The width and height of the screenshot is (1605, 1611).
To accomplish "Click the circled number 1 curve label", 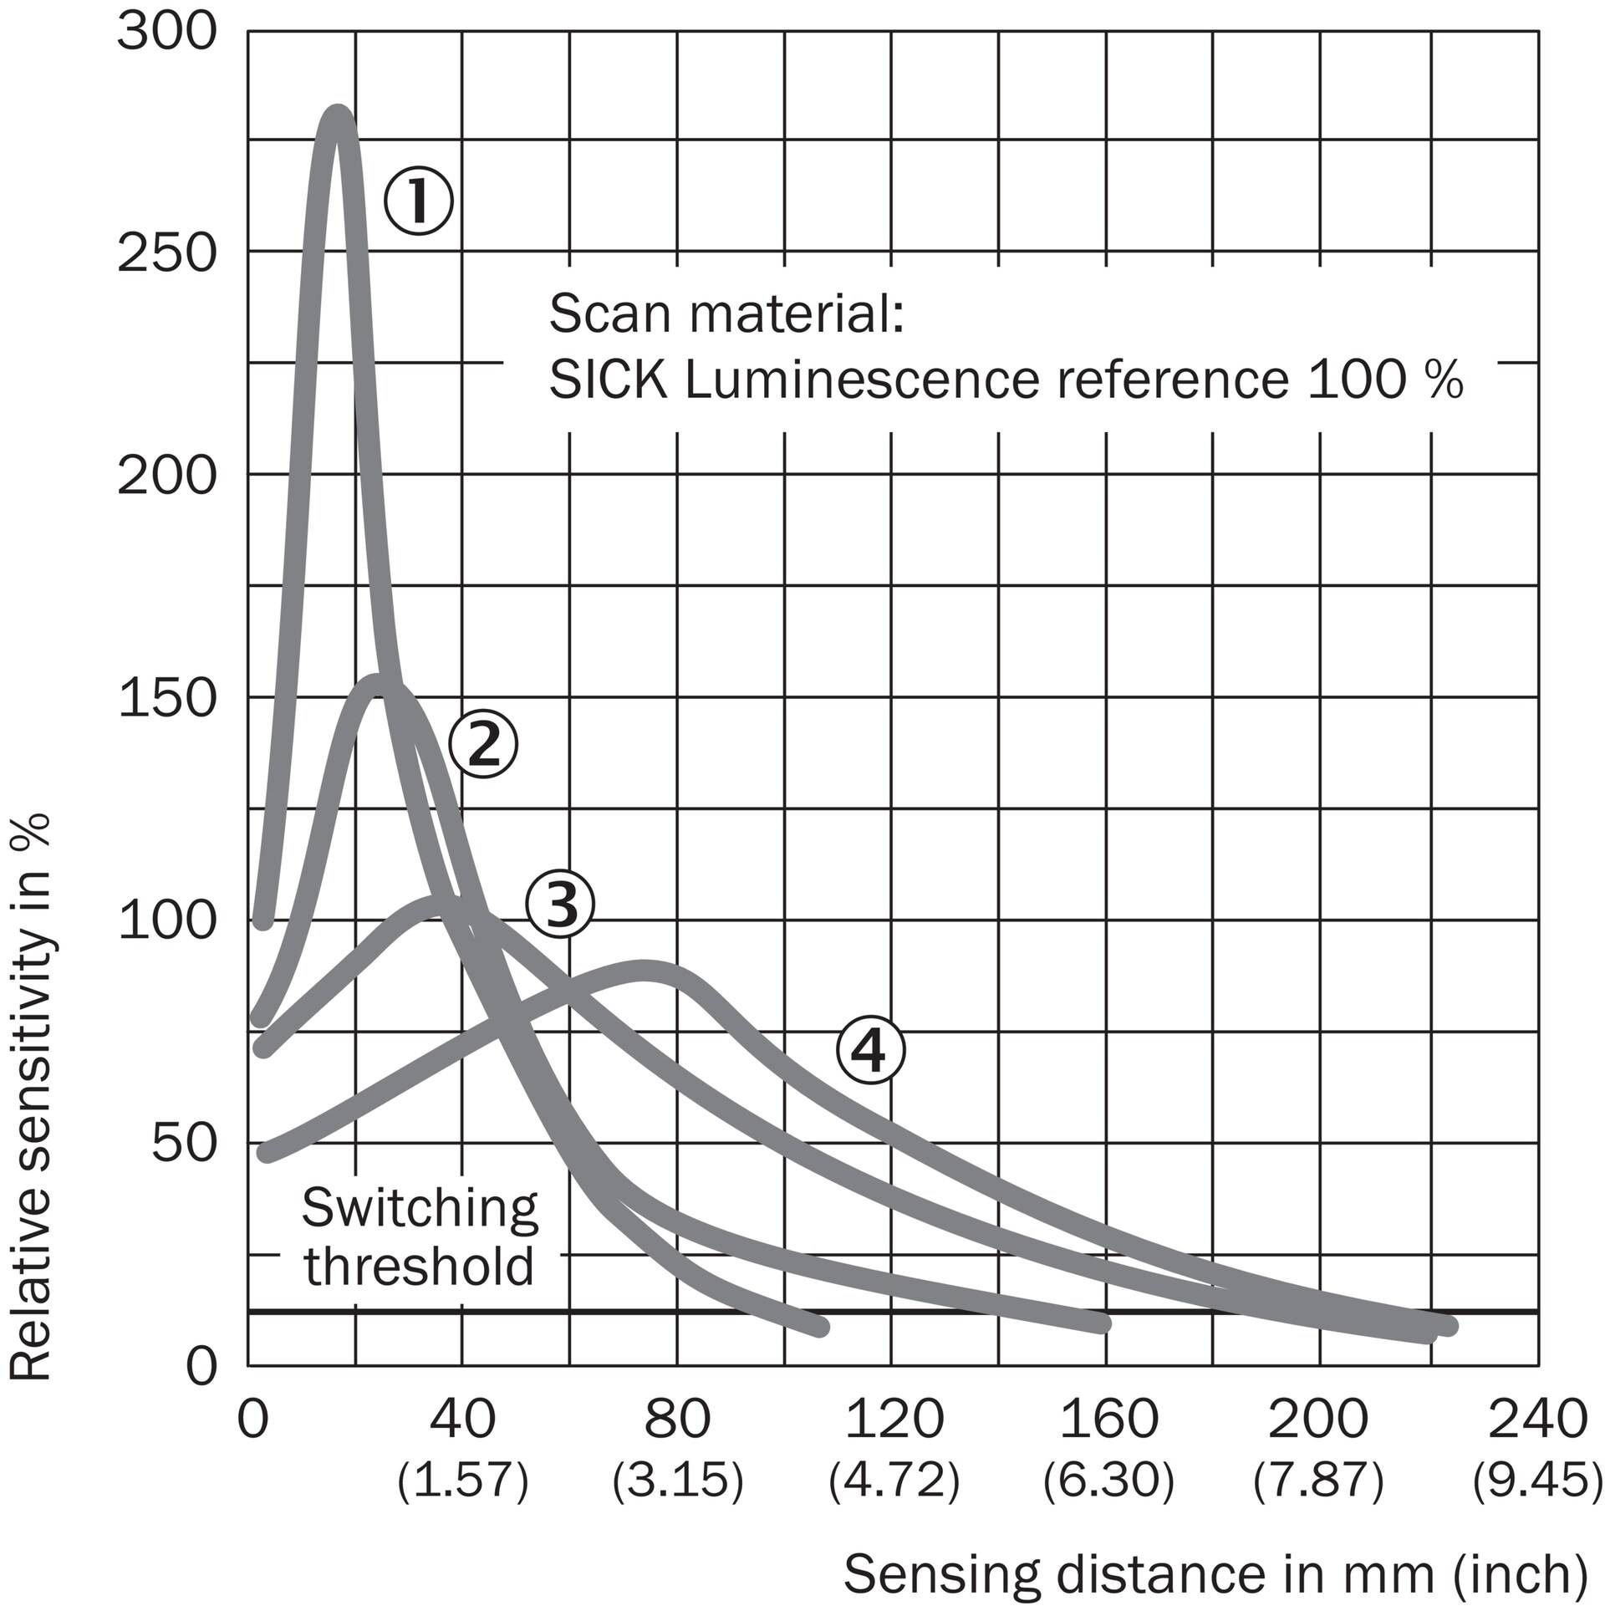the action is click(x=418, y=201).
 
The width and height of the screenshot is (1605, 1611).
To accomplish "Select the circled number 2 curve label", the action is click(x=484, y=744).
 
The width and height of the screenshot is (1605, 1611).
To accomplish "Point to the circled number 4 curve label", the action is click(x=870, y=1052).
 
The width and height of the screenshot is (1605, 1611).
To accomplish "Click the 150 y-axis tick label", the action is click(x=167, y=697).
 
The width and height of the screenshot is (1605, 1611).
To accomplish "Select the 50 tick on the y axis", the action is click(x=184, y=1143).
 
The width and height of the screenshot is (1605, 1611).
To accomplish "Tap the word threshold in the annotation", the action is click(x=419, y=1266).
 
